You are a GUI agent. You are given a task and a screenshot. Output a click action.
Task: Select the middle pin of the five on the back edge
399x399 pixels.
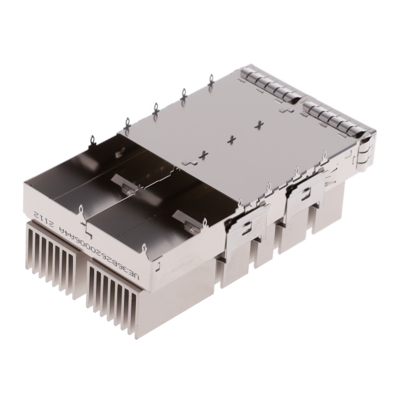click(155, 110)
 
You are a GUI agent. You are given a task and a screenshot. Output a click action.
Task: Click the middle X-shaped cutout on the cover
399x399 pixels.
click(233, 138)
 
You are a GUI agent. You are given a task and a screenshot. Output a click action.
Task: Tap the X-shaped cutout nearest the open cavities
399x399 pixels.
click(203, 153)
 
